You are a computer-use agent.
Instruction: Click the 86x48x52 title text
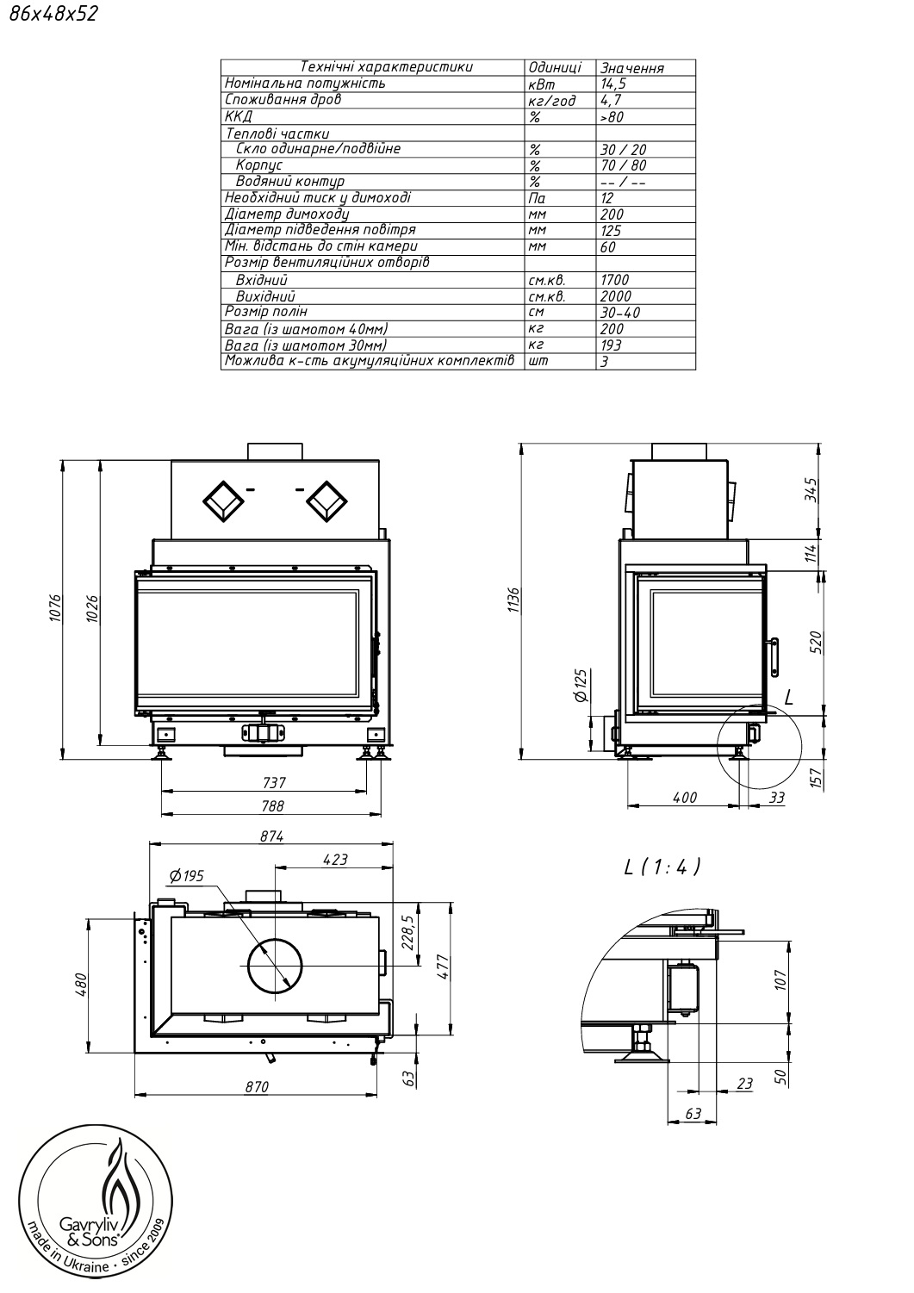click(x=53, y=13)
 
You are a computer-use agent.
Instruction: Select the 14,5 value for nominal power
click(x=613, y=84)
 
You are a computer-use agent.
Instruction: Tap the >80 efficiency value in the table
click(x=612, y=116)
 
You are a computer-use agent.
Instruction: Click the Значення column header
click(x=632, y=68)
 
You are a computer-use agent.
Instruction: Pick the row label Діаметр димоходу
click(x=287, y=214)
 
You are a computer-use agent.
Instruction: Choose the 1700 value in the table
click(x=614, y=280)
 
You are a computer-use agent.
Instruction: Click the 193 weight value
click(x=611, y=345)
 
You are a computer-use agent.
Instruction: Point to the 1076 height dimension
click(x=55, y=607)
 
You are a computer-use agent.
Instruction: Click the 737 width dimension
click(x=274, y=783)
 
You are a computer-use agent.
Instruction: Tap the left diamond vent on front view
click(x=223, y=501)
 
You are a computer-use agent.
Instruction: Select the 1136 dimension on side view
click(x=514, y=600)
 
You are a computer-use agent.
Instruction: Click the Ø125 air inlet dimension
click(x=581, y=685)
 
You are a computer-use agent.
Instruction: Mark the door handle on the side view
click(x=774, y=657)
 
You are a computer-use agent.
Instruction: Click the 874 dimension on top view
click(x=271, y=836)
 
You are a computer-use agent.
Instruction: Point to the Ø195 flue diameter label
click(x=186, y=876)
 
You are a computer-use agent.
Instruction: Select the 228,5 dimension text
click(x=409, y=932)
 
